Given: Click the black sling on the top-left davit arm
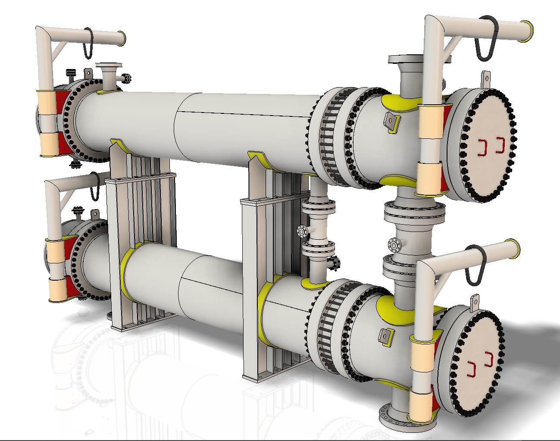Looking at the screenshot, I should click(x=88, y=44).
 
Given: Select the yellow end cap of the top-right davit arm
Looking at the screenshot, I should click(x=528, y=31).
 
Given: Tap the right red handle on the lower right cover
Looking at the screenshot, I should click(x=489, y=359).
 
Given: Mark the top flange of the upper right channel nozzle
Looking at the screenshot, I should click(x=406, y=59).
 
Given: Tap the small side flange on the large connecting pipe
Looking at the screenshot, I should click(x=393, y=245).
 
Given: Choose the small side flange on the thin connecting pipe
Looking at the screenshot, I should click(x=303, y=231).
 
